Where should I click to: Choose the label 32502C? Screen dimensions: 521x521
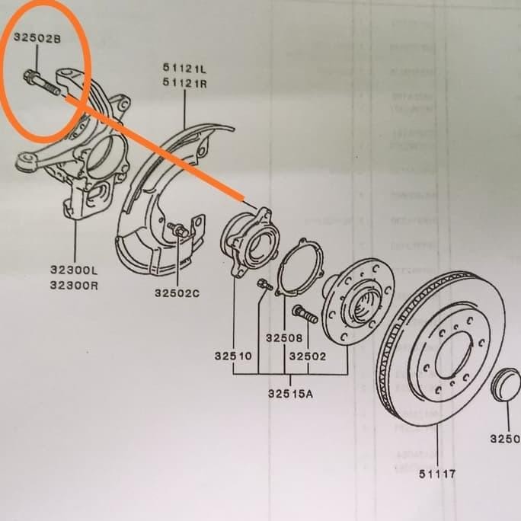177,292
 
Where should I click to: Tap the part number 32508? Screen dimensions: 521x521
285,337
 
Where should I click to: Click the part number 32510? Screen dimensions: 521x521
233,356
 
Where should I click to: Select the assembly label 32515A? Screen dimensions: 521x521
289,394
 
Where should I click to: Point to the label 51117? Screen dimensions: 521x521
437,474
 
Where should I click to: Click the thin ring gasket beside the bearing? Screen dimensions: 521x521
299,267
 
